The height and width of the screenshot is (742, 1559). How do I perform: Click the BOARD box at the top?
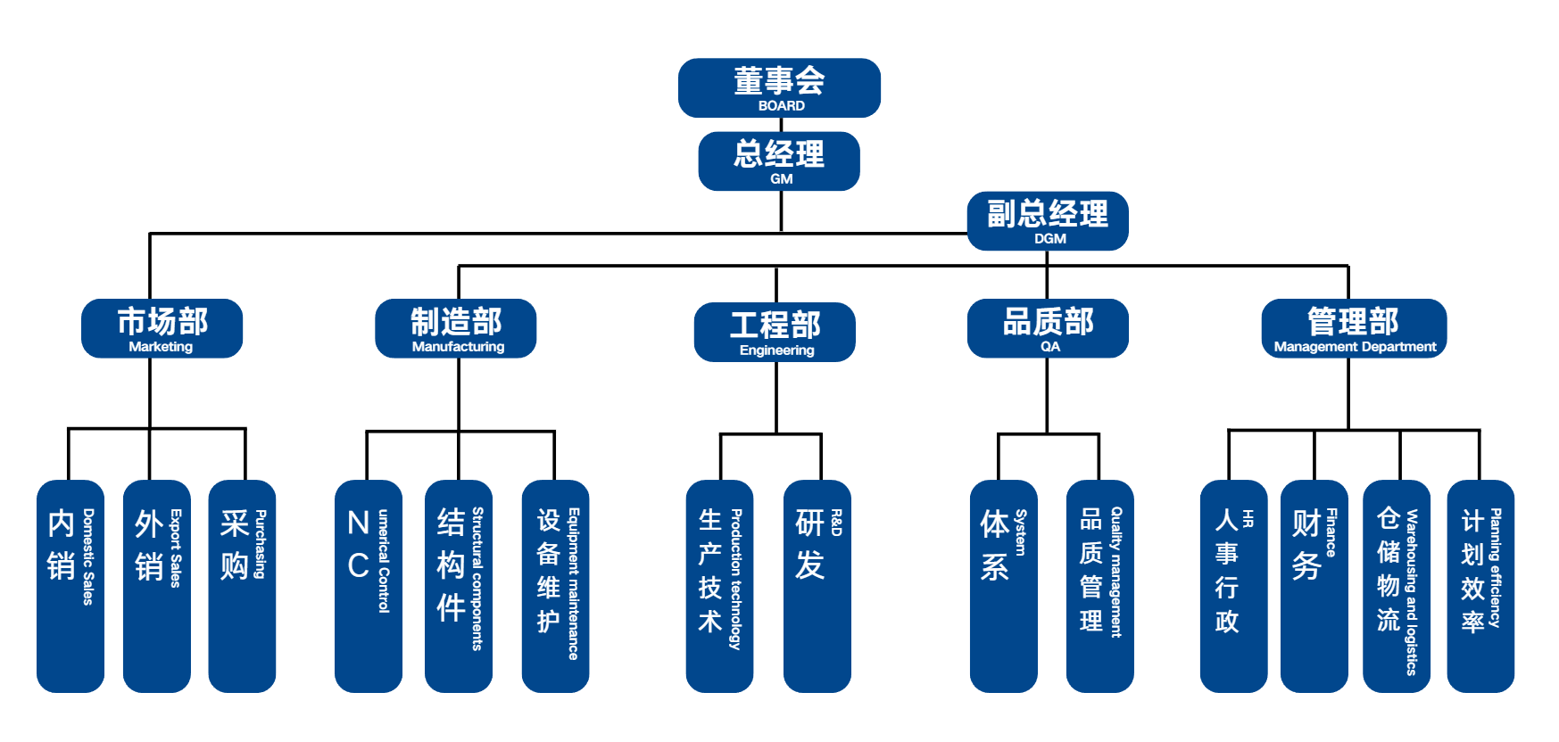[x=779, y=87]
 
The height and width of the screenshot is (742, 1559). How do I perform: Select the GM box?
[x=779, y=161]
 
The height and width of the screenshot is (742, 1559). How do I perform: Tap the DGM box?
[x=1048, y=221]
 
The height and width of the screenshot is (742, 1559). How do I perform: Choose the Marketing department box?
[x=162, y=328]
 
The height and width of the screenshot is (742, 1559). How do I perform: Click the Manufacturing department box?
[x=456, y=328]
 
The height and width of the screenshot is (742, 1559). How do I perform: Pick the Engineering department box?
[x=775, y=332]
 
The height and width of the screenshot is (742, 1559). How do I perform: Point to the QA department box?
[x=1048, y=328]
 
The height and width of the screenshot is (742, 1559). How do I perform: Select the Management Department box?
[x=1354, y=328]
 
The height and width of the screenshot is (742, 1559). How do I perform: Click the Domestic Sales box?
[x=70, y=586]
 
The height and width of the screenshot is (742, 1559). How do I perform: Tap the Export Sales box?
[x=157, y=586]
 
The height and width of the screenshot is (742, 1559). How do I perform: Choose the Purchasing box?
[x=242, y=586]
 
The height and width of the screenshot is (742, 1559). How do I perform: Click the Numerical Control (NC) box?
[x=369, y=586]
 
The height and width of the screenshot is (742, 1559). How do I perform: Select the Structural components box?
[x=459, y=586]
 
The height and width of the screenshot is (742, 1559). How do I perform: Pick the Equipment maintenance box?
[x=555, y=586]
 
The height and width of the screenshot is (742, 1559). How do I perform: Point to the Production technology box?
[x=719, y=586]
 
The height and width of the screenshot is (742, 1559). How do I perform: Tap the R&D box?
[x=817, y=586]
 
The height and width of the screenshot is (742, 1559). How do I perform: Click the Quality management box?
[x=1099, y=586]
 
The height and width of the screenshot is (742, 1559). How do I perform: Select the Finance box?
[x=1314, y=586]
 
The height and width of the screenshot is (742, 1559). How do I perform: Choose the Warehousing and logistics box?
[x=1397, y=586]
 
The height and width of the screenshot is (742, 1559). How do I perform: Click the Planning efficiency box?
[x=1480, y=586]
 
